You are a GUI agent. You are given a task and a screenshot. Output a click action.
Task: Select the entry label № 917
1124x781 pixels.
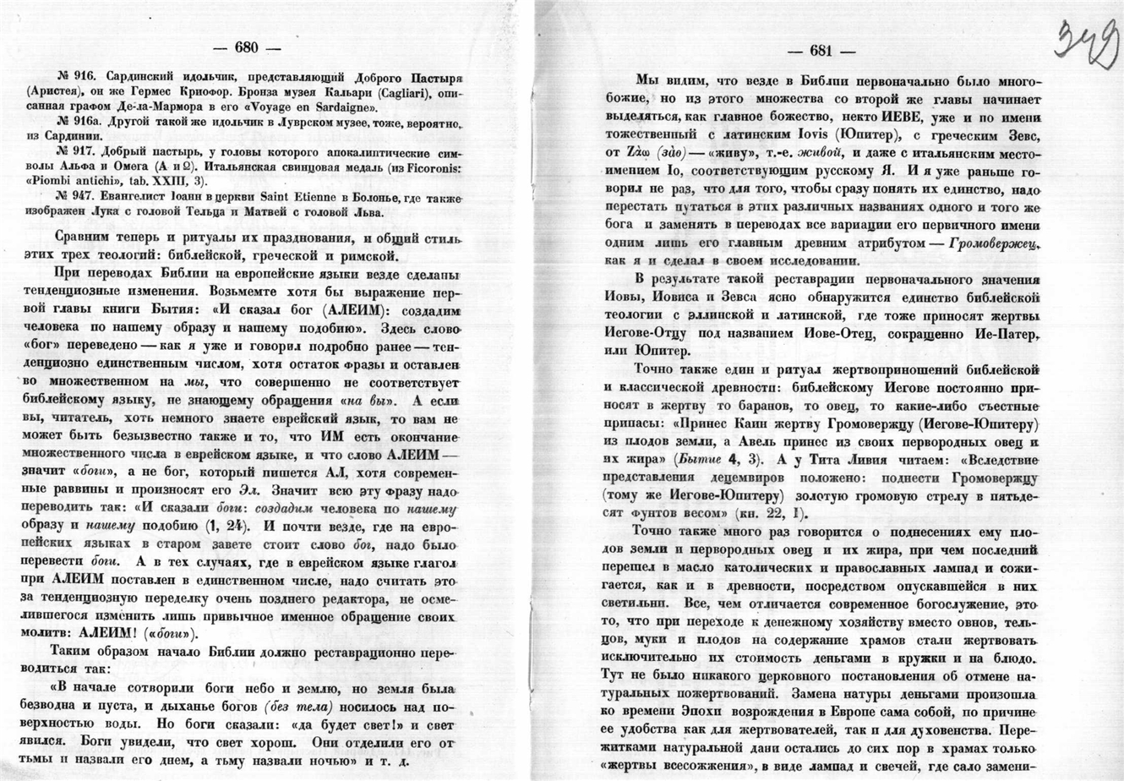tap(74, 152)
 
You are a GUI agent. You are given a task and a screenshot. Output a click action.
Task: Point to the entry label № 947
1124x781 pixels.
tap(74, 196)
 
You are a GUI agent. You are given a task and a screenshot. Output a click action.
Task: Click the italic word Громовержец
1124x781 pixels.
tap(994, 243)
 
